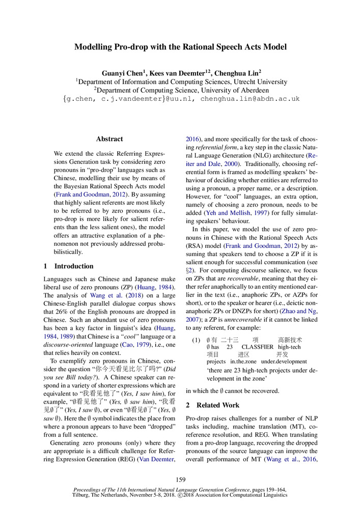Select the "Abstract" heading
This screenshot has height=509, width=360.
pyautogui.click(x=109, y=139)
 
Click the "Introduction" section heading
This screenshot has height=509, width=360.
pyautogui.click(x=74, y=266)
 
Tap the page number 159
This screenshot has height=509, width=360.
pyautogui.click(x=180, y=479)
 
